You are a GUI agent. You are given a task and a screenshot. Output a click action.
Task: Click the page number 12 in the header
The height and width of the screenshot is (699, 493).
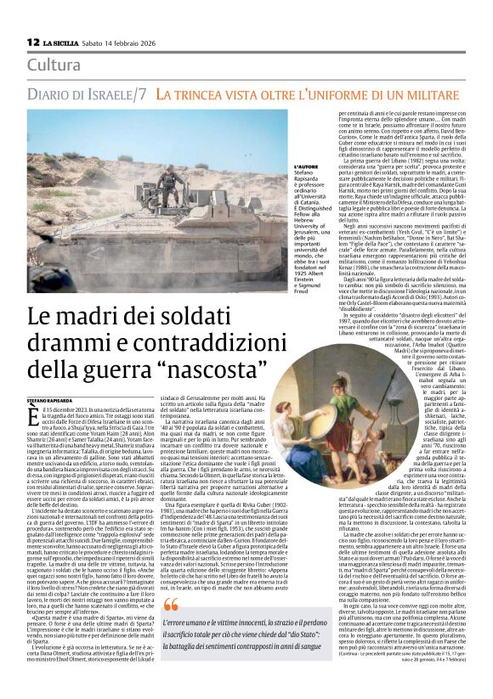(x=33, y=42)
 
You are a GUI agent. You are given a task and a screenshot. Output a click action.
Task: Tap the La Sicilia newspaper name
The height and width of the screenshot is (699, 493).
(x=63, y=42)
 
